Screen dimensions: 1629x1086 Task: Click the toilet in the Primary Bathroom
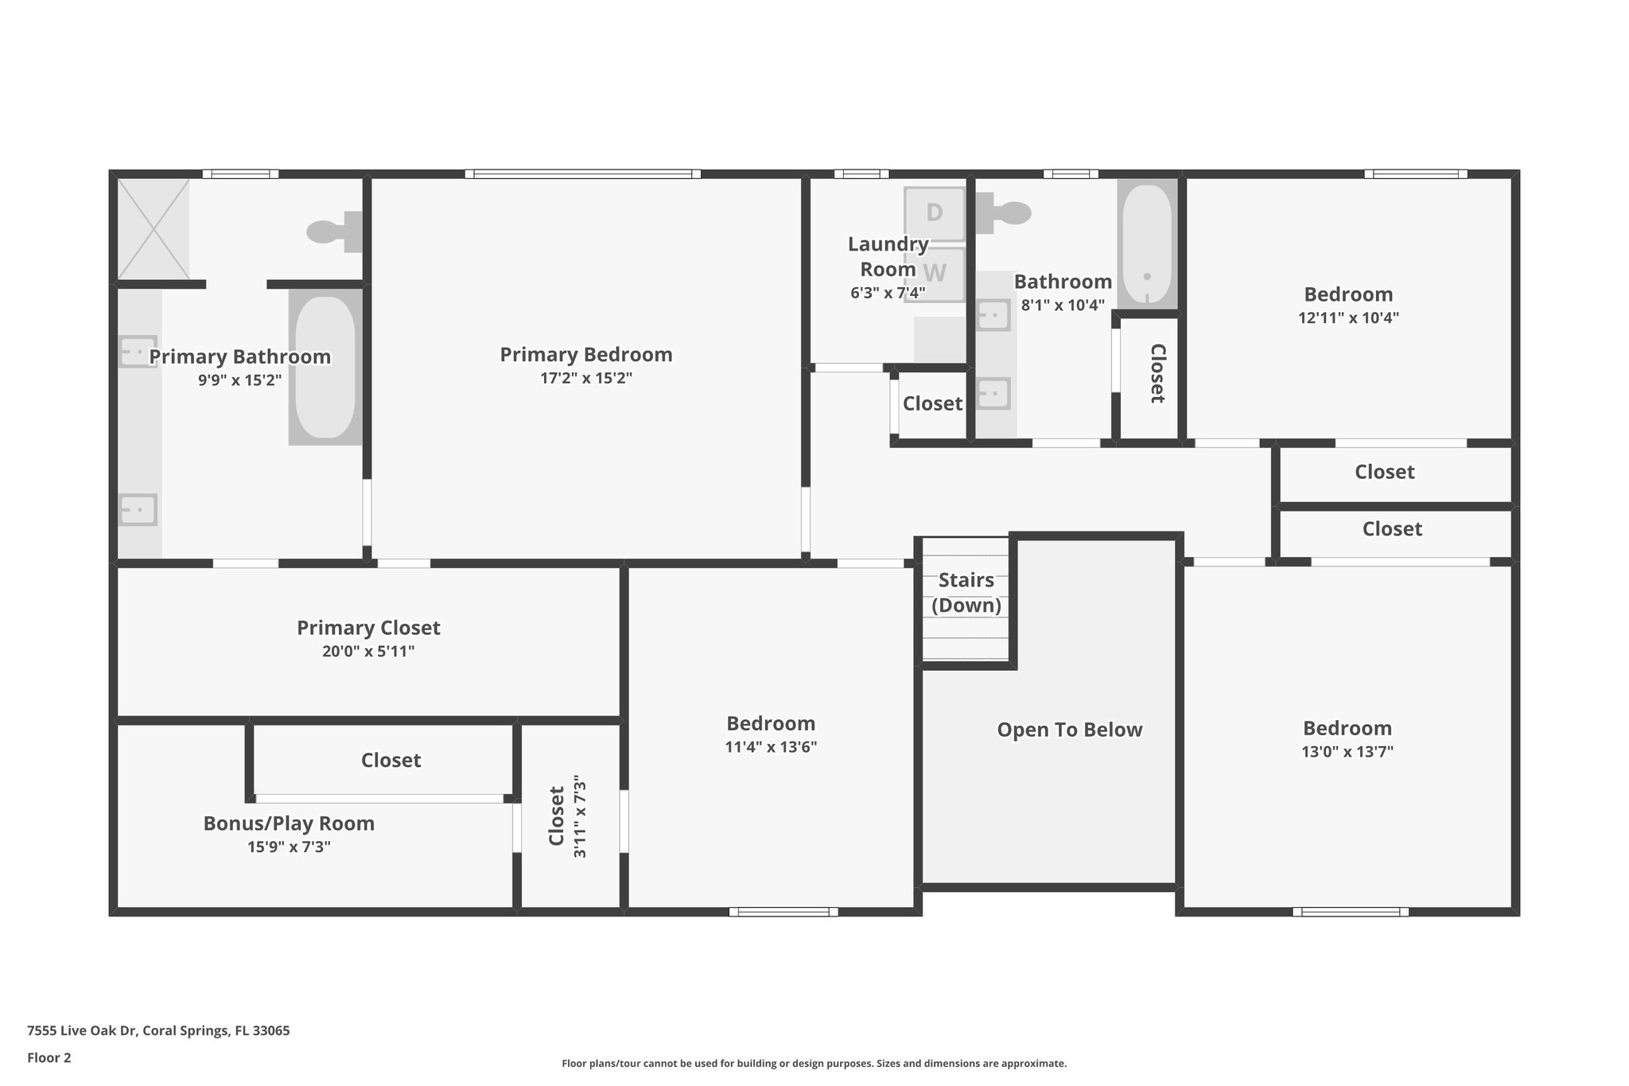point(334,232)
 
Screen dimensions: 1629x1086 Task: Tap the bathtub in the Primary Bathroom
point(325,367)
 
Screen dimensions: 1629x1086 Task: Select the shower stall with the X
point(154,229)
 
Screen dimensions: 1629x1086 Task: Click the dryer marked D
point(935,213)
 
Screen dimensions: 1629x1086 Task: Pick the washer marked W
point(935,274)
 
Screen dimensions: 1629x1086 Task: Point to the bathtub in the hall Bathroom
point(1147,243)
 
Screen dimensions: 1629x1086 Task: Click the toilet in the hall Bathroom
point(1003,212)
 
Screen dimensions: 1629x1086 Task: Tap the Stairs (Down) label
point(966,593)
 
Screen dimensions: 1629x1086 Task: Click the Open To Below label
point(1070,730)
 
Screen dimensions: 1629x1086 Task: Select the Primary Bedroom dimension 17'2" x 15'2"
point(586,378)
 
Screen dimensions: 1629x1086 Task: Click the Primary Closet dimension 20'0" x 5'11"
point(368,652)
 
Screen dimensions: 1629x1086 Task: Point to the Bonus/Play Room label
point(289,823)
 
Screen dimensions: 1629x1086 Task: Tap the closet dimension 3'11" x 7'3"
point(579,816)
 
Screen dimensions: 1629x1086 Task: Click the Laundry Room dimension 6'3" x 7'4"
point(888,293)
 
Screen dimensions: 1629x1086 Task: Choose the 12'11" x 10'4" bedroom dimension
point(1348,317)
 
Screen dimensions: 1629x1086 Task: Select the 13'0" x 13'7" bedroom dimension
point(1347,751)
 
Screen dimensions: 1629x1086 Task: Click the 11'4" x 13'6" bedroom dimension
point(771,747)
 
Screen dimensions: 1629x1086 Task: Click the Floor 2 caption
point(49,1057)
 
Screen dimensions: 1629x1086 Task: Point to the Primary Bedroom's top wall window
point(583,173)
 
